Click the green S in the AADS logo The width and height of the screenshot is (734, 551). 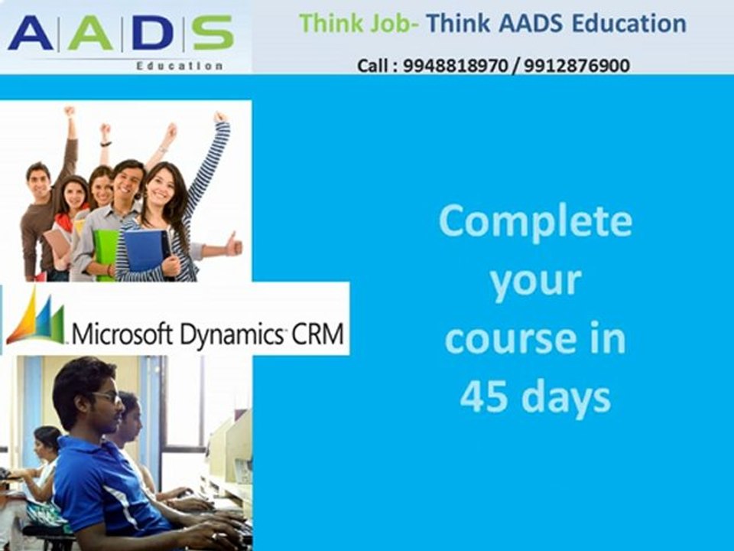[212, 33]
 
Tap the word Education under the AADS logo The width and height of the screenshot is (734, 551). [179, 66]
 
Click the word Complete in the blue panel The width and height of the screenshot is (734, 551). [535, 223]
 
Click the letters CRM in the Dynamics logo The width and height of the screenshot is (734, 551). [320, 334]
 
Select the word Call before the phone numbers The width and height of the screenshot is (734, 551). [374, 66]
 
